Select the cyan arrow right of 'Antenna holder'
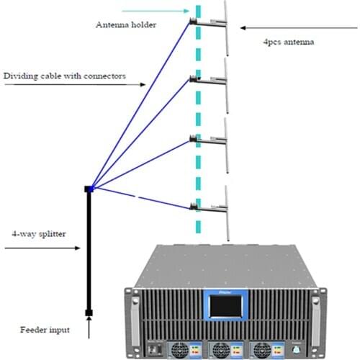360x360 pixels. coord(155,11)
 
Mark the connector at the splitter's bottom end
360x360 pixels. coord(89,312)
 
